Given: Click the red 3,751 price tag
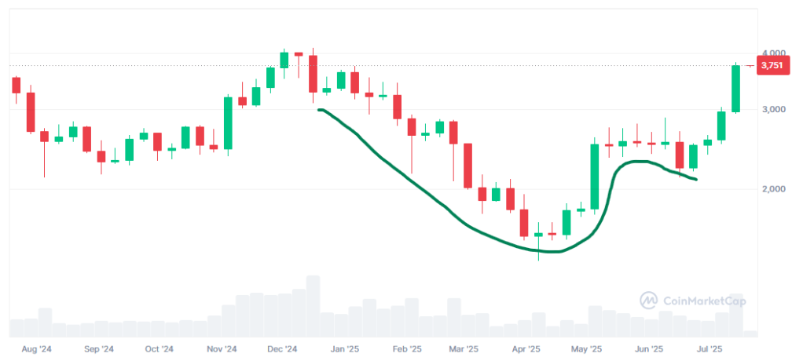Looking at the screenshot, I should click(772, 66).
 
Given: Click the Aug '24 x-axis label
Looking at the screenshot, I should click(36, 349).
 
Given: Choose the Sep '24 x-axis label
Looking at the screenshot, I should click(98, 349).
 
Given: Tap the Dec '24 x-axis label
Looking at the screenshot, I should click(281, 349).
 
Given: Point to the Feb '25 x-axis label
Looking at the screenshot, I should click(406, 349).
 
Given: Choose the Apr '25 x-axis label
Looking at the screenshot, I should click(526, 349).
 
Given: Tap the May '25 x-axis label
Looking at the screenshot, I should click(586, 349).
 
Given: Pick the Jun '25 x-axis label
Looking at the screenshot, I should click(648, 349).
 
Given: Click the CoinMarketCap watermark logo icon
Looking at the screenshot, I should click(649, 301).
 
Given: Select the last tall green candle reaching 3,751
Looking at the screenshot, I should click(736, 89).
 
